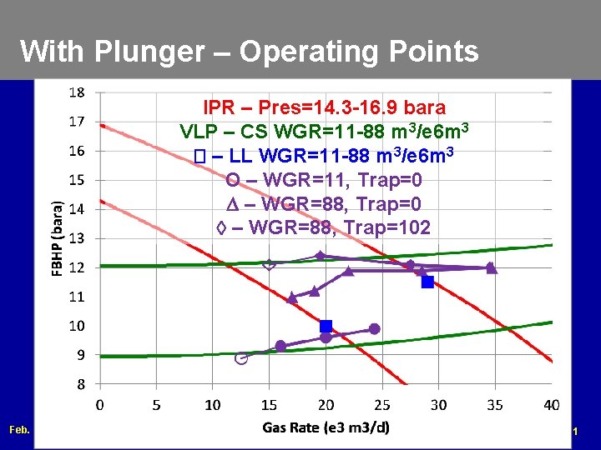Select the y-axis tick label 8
(x=80, y=384)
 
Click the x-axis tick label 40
(x=551, y=405)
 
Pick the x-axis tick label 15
(x=269, y=405)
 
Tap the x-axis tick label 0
(x=100, y=405)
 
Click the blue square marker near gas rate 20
(x=326, y=326)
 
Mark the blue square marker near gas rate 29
(x=427, y=282)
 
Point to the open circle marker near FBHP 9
(x=241, y=358)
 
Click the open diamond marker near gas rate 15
(x=269, y=265)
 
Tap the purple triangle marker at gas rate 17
(x=292, y=297)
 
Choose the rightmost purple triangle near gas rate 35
(x=491, y=268)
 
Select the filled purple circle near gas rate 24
(x=374, y=329)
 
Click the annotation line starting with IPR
(x=324, y=108)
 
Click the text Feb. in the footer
(x=18, y=430)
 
